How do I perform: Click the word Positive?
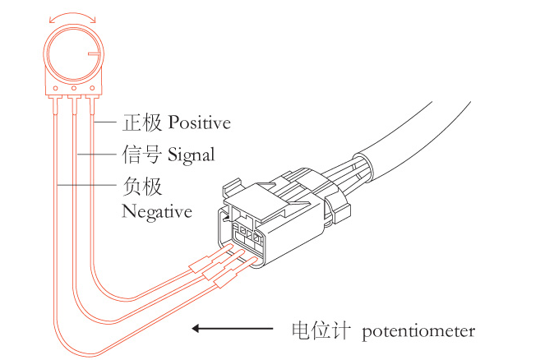tap(199, 122)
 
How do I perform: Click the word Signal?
tap(192, 155)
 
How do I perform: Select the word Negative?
tap(157, 211)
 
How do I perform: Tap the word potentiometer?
tap(418, 331)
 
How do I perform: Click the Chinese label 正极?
tap(142, 122)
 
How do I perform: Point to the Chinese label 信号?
tap(142, 155)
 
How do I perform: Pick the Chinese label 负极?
tap(142, 187)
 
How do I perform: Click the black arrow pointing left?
tap(232, 329)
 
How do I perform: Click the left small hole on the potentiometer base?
tap(55, 89)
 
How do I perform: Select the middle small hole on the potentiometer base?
tap(74, 88)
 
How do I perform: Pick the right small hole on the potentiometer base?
tap(92, 88)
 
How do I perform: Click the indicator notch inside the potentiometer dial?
tap(94, 54)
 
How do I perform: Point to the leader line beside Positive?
tap(104, 122)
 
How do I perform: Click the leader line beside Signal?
tap(96, 154)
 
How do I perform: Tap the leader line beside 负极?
tap(86, 185)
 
